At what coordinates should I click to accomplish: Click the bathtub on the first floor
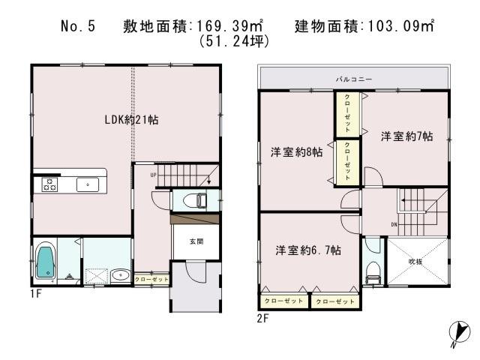pyautogui.click(x=45, y=262)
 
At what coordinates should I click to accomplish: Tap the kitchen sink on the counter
pyautogui.click(x=86, y=184)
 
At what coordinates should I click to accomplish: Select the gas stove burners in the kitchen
pyautogui.click(x=50, y=184)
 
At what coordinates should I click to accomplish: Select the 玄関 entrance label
pyautogui.click(x=194, y=241)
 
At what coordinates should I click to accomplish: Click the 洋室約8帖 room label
pyautogui.click(x=297, y=151)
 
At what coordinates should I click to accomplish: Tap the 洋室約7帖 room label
pyautogui.click(x=406, y=136)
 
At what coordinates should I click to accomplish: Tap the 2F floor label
pyautogui.click(x=262, y=318)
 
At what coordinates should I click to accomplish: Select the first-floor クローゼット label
pyautogui.click(x=151, y=279)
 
